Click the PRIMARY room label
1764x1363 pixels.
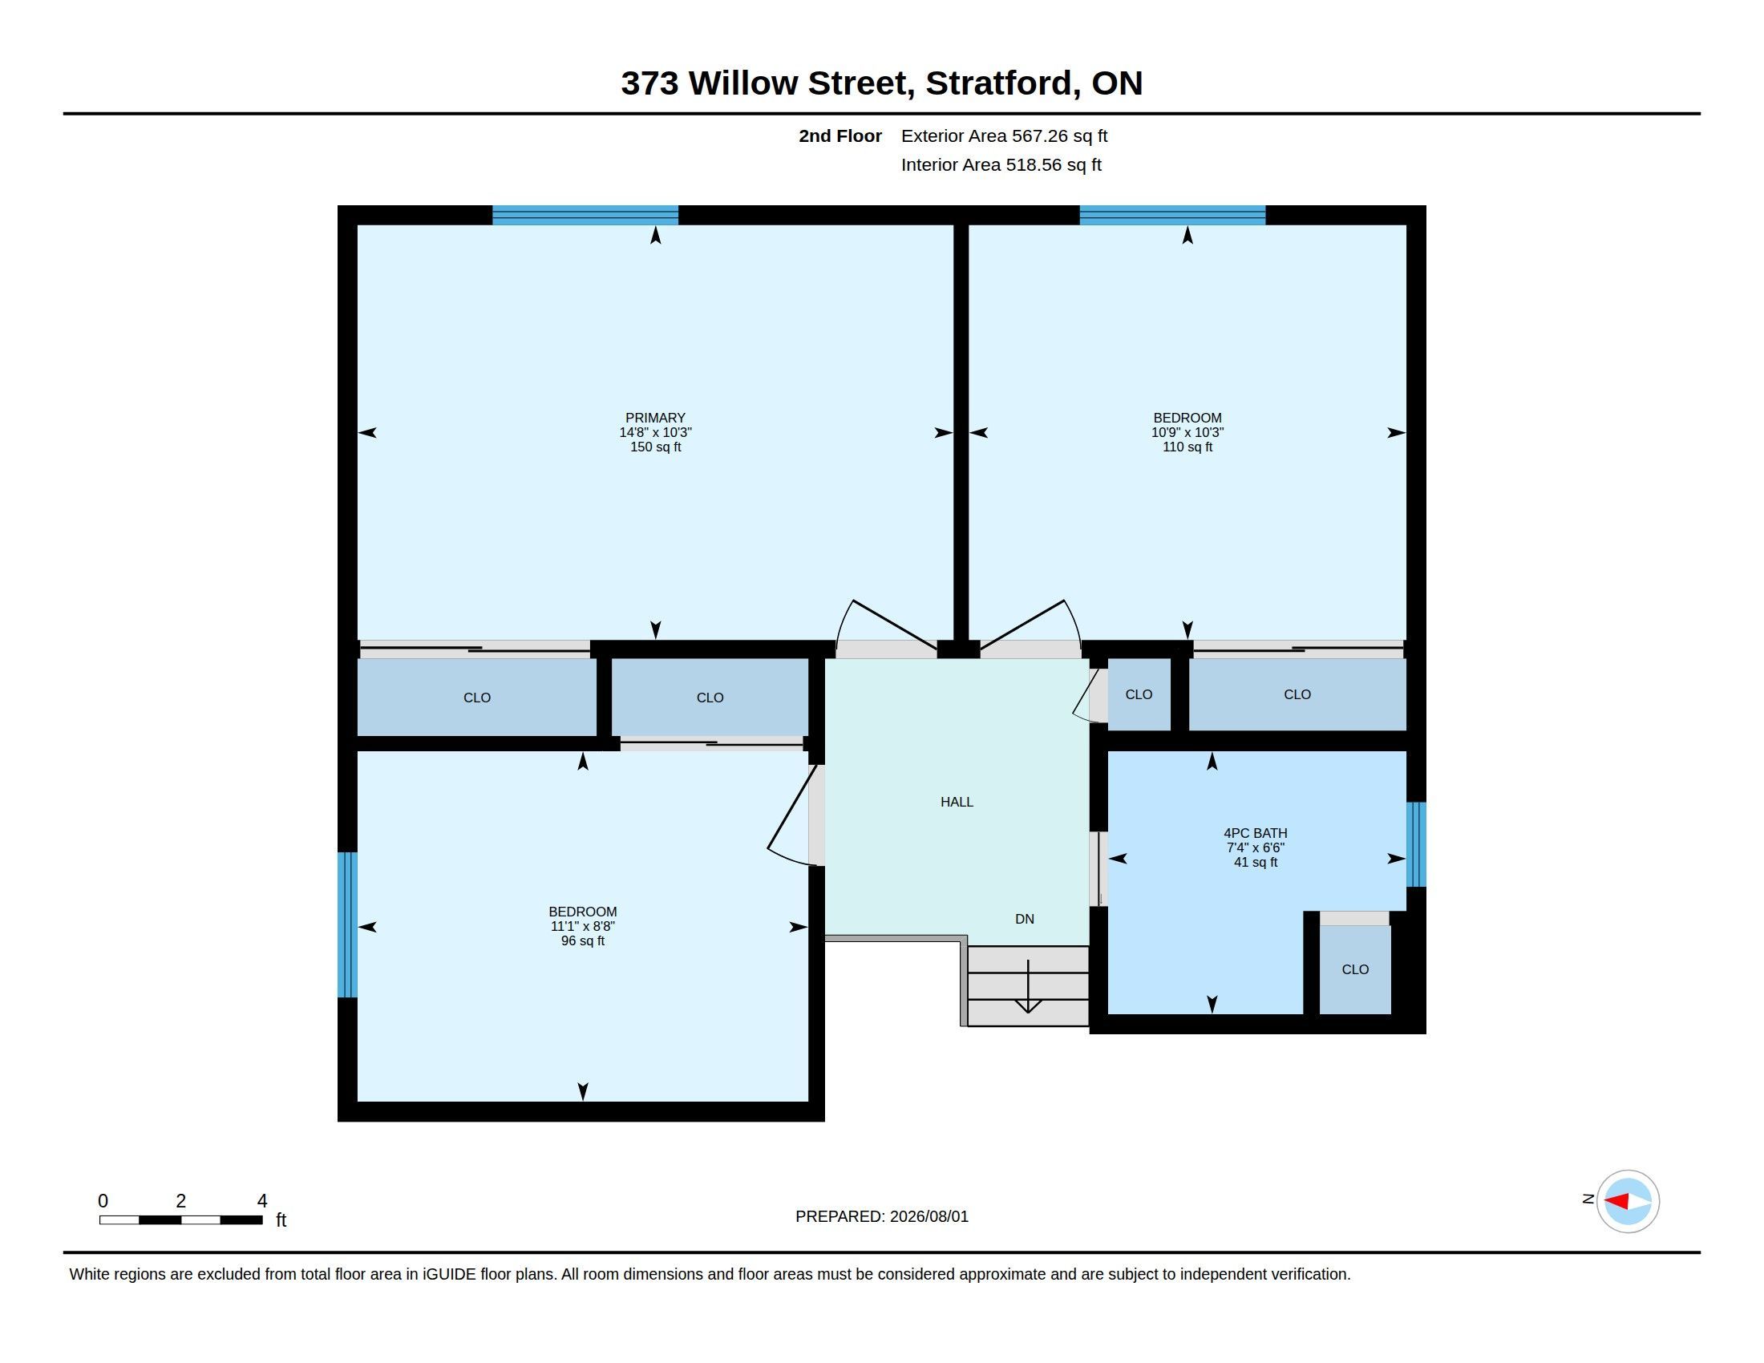click(x=655, y=418)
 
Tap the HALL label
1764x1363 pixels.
click(x=957, y=802)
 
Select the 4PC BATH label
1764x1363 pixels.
click(x=1255, y=832)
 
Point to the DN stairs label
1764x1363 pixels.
click(x=1024, y=919)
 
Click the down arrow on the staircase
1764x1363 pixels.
click(x=1027, y=986)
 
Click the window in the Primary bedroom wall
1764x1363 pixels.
click(x=585, y=215)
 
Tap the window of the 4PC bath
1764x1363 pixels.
click(x=1416, y=844)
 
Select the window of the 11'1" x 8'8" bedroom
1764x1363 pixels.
click(x=347, y=924)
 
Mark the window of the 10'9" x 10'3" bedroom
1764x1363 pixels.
click(x=1172, y=215)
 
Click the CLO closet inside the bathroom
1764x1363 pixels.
click(x=1355, y=969)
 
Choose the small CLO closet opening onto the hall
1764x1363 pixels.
click(x=1139, y=694)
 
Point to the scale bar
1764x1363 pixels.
click(x=181, y=1219)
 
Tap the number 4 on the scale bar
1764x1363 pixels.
click(x=261, y=1201)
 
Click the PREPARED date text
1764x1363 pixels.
click(x=881, y=1216)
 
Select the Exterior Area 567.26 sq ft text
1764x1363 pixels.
click(x=1004, y=135)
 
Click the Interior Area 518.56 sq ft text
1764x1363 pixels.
click(x=1001, y=164)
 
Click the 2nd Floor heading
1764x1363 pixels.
click(x=840, y=135)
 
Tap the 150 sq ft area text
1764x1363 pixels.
click(x=655, y=447)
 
